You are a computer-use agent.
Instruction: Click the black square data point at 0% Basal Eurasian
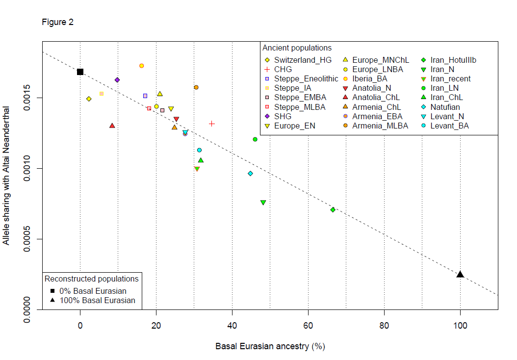(x=80, y=72)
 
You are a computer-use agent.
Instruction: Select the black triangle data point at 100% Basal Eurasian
(x=460, y=274)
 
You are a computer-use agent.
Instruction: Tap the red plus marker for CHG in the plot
(x=212, y=124)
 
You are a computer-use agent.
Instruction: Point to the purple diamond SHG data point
(x=117, y=80)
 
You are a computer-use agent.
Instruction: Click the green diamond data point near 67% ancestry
(x=333, y=210)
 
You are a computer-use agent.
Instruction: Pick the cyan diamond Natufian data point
(x=250, y=174)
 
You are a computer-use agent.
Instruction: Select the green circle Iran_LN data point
(x=255, y=139)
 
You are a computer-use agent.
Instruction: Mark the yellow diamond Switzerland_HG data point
(x=89, y=99)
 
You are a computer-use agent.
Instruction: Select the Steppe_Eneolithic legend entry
(x=300, y=78)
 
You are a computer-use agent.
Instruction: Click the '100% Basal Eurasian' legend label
(x=97, y=300)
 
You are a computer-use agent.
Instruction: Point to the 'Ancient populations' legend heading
(x=297, y=48)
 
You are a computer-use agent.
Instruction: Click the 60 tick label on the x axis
(x=308, y=324)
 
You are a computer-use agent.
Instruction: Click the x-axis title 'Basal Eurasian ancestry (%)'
(x=270, y=346)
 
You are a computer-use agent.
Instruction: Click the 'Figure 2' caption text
(x=57, y=23)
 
